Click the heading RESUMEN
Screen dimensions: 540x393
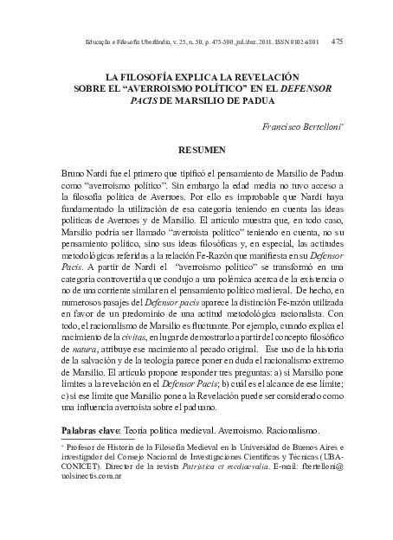202,150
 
